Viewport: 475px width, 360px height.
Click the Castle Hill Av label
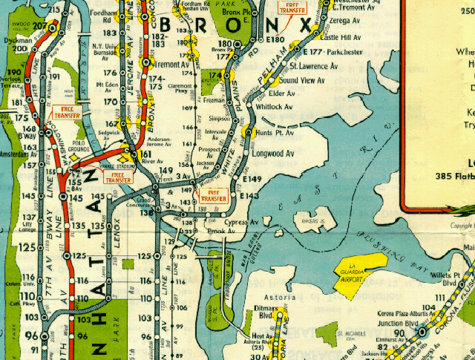[341, 36]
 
